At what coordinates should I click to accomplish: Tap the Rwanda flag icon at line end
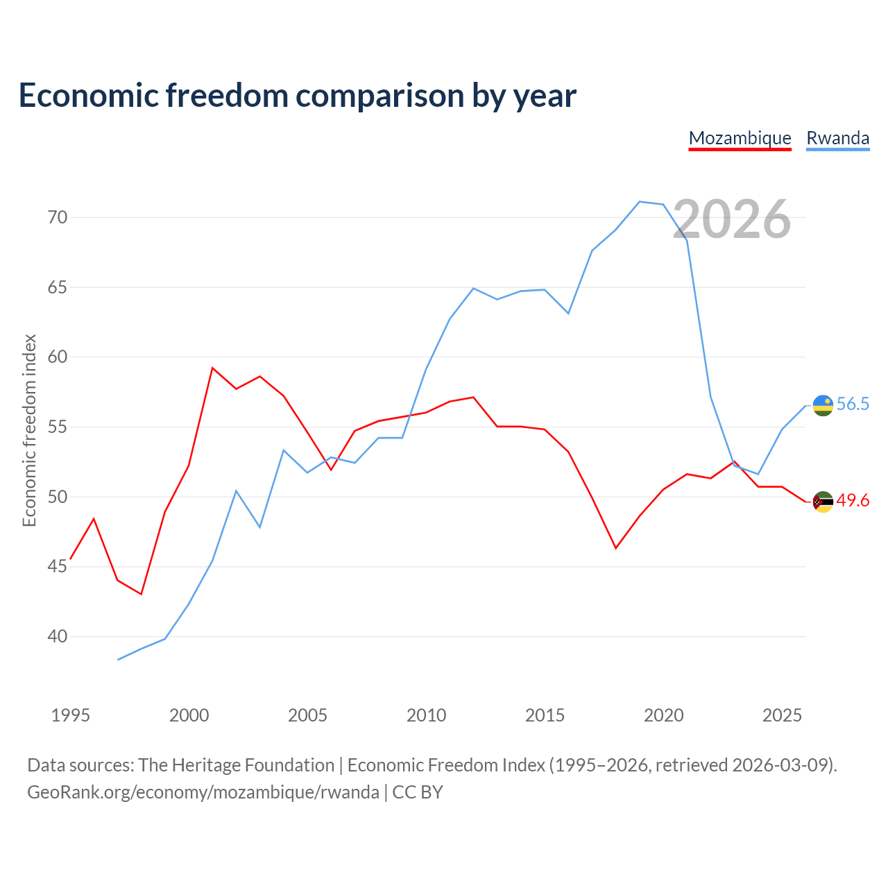tap(823, 406)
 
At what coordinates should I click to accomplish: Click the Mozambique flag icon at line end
tap(823, 502)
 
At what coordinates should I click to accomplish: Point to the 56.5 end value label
tap(853, 404)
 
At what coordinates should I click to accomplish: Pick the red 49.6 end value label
tap(853, 500)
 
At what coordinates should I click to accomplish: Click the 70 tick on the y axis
tap(58, 217)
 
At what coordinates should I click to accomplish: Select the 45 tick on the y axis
tap(58, 566)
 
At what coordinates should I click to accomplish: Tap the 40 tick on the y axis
tap(58, 636)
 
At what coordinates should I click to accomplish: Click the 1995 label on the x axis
tap(71, 715)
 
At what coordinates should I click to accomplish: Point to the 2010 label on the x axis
tap(426, 715)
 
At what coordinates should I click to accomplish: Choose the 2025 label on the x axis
tap(782, 715)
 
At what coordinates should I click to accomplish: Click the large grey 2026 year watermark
tap(732, 219)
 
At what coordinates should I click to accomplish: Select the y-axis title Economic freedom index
tap(30, 430)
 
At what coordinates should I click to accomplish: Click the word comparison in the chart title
tap(379, 96)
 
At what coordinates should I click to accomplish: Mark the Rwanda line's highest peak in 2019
tap(640, 201)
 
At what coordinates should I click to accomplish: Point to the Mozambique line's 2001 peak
tap(212, 368)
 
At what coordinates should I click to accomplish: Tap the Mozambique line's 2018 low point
tap(615, 548)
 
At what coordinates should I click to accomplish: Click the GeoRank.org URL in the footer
tap(203, 792)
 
